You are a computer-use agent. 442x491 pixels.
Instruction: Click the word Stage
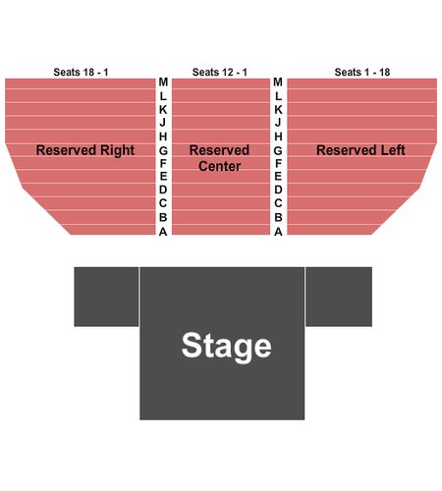click(227, 347)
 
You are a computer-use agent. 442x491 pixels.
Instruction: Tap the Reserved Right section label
click(85, 150)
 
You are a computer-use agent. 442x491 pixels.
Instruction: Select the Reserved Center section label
click(219, 158)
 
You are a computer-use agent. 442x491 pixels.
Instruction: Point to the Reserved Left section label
click(360, 150)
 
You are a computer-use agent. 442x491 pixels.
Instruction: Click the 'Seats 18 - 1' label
click(81, 72)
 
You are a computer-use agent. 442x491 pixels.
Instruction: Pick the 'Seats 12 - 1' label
click(220, 72)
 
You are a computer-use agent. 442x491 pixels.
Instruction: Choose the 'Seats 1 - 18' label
click(362, 72)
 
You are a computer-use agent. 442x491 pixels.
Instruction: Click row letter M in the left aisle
click(163, 82)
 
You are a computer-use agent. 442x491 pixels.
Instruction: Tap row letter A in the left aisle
click(163, 232)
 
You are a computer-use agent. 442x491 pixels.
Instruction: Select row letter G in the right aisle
click(278, 150)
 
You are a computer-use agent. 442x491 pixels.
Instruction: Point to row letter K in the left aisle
click(163, 110)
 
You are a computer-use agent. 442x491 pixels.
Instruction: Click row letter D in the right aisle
click(278, 190)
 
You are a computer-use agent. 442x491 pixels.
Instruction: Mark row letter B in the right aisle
click(278, 217)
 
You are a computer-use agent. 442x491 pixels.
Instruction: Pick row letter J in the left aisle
click(163, 123)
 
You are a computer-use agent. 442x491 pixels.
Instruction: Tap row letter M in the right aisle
click(278, 82)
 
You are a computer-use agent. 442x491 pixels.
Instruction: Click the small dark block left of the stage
click(106, 297)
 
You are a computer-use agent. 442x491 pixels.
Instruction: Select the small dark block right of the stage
click(339, 297)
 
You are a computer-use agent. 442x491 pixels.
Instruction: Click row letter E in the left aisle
click(163, 176)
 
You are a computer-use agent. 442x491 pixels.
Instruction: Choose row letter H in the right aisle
click(278, 136)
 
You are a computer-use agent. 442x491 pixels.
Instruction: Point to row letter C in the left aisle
click(163, 203)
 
